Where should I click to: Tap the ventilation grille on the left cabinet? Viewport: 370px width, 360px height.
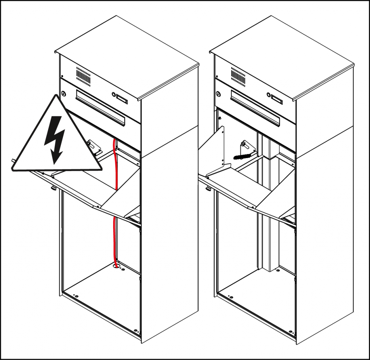(83, 76)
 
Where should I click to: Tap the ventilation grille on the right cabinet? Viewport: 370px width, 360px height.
(238, 75)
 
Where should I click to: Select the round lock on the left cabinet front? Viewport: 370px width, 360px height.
(64, 94)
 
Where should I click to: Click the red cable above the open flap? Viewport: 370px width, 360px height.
(115, 163)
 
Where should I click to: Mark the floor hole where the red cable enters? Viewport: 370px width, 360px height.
(116, 267)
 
